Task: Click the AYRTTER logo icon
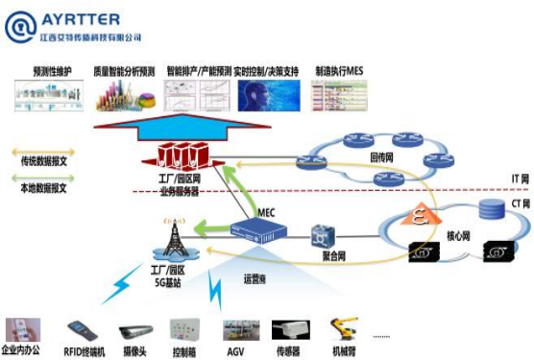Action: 20,26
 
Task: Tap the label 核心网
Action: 435,233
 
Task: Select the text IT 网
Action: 514,180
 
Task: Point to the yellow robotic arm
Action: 341,328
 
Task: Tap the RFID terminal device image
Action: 82,328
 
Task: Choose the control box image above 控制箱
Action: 184,328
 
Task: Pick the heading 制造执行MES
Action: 340,71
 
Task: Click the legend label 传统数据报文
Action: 43,164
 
